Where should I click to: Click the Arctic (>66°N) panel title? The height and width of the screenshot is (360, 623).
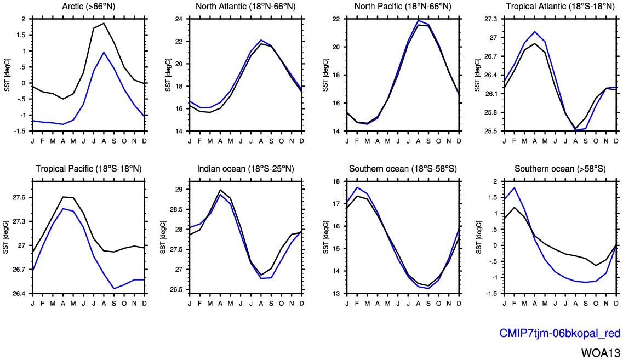88,7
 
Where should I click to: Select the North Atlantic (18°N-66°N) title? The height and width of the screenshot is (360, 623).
245,7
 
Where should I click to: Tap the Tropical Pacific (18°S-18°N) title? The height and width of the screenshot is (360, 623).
88,168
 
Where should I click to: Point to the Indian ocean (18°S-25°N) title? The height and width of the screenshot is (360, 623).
245,168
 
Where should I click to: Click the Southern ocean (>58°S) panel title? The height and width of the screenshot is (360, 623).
559,168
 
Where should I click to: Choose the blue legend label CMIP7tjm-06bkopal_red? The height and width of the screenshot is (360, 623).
559,333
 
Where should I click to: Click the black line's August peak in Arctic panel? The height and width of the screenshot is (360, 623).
104,23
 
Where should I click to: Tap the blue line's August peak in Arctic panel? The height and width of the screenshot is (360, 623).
104,52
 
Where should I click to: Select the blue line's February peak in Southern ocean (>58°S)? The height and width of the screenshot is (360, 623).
515,188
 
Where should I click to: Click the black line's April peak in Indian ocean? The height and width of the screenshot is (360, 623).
220,190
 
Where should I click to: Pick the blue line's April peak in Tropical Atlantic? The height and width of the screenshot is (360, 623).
535,32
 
